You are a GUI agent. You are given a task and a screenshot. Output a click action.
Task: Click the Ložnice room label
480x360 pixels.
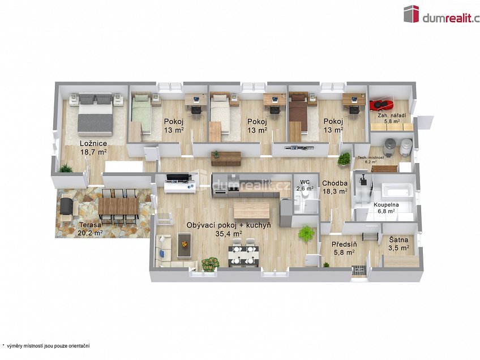tap(93, 143)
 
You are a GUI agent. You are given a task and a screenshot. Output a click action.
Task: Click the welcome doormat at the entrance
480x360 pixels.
tap(359, 271)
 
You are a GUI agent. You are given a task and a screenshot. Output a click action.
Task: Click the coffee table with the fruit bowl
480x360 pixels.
tap(185, 246)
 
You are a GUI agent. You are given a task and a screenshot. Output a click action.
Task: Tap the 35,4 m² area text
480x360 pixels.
tap(229, 234)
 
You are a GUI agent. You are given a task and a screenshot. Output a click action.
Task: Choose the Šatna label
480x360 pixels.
tap(398, 240)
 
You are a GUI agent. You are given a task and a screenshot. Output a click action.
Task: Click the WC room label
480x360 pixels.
tap(306, 182)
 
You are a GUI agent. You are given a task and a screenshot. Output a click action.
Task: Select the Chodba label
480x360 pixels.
tap(335, 183)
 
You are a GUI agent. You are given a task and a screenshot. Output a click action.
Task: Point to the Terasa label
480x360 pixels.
tap(91, 225)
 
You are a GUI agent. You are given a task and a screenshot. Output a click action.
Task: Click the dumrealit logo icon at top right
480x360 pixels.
tap(411, 14)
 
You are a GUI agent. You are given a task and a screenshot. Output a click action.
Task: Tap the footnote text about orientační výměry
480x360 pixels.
tap(46, 346)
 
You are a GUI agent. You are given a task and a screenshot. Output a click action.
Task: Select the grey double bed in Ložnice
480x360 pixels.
tap(95, 114)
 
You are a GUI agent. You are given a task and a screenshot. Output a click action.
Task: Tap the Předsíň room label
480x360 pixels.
tap(344, 245)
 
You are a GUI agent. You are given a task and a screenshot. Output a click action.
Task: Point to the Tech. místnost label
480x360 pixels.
tap(371, 157)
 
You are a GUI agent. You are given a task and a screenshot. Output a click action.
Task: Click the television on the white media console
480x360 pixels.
tap(177, 177)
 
